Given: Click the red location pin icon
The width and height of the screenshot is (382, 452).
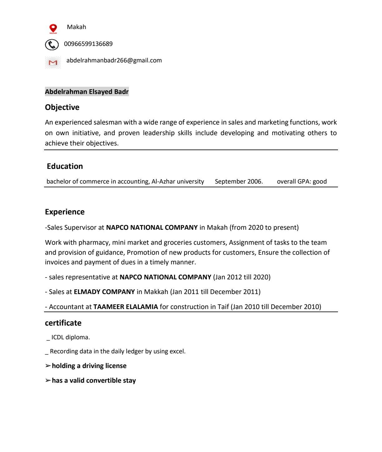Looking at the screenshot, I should point(53,28).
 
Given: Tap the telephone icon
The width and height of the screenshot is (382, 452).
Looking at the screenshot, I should point(52,45).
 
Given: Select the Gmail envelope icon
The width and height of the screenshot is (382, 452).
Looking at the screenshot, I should point(53,63).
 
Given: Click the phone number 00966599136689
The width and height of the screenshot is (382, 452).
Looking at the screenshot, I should point(88,44).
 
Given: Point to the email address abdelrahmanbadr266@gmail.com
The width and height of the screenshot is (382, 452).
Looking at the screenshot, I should point(114,61).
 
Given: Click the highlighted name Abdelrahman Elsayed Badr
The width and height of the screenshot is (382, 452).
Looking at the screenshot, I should point(87,92).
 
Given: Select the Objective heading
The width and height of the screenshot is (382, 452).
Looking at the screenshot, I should point(62,107).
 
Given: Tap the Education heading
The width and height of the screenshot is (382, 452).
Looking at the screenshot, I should point(65,166).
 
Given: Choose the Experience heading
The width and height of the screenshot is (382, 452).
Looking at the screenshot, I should point(65,212).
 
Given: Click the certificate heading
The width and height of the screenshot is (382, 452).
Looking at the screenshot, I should point(63,323).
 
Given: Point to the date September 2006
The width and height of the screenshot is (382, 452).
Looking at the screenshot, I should point(239,182).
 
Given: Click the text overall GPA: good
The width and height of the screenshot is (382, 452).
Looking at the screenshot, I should point(302,182).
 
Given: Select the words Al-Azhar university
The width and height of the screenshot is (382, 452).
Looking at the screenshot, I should point(178,182).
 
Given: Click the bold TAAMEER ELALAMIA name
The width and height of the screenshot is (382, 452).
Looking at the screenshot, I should point(125,307).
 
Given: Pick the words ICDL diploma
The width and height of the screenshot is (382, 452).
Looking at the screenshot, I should point(71,337).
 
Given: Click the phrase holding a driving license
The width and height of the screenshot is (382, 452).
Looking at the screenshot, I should point(89,366).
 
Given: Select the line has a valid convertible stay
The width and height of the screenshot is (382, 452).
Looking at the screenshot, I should point(94,381).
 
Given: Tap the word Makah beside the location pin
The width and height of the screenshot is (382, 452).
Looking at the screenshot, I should point(76,27).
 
